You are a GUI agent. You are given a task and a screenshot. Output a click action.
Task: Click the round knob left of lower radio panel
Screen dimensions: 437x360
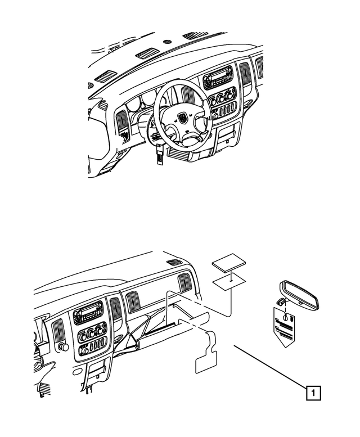click(64, 347)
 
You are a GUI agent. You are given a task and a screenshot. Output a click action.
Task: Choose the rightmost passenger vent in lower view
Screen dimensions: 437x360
click(184, 283)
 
